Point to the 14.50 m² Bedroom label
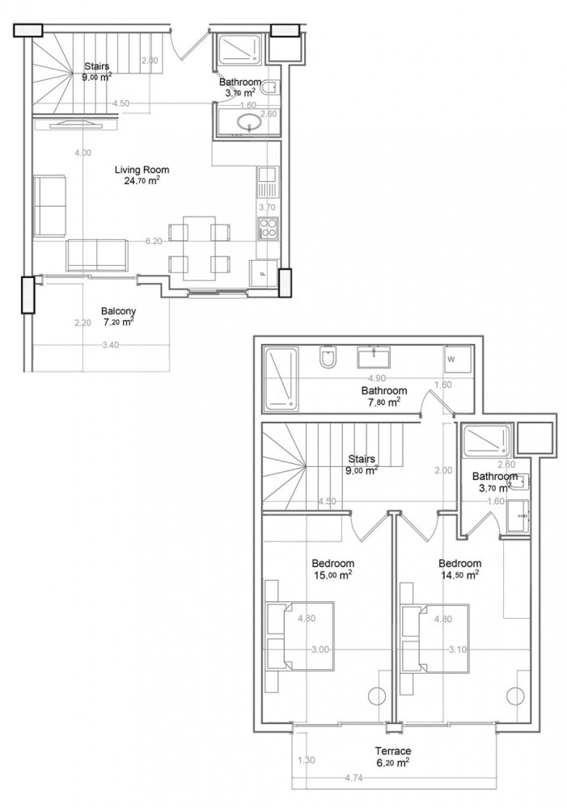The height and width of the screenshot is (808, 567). [459, 569]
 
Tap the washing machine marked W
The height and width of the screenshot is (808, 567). [451, 359]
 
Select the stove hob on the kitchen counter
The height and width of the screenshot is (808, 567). [267, 229]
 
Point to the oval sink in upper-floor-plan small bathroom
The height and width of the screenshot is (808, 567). [248, 123]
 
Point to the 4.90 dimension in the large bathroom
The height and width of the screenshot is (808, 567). [375, 377]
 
